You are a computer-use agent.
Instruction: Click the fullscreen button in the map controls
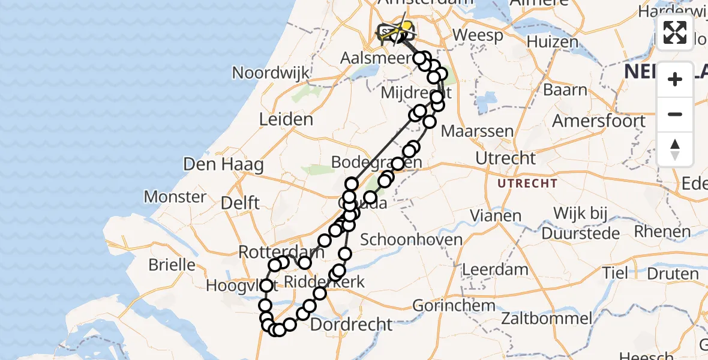tap(675, 32)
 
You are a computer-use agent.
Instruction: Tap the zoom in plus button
tap(675, 79)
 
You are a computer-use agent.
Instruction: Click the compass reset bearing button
tap(675, 149)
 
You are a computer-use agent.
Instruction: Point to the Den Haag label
tap(223, 164)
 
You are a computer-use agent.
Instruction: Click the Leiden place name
tap(286, 119)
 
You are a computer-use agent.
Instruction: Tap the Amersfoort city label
tap(599, 120)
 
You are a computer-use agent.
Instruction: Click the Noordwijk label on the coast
tap(271, 73)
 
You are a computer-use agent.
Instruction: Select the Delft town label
tap(240, 202)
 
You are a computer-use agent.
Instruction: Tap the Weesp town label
tap(478, 35)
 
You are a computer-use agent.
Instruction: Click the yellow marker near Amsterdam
tap(407, 27)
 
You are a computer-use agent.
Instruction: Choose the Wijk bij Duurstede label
tap(580, 222)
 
